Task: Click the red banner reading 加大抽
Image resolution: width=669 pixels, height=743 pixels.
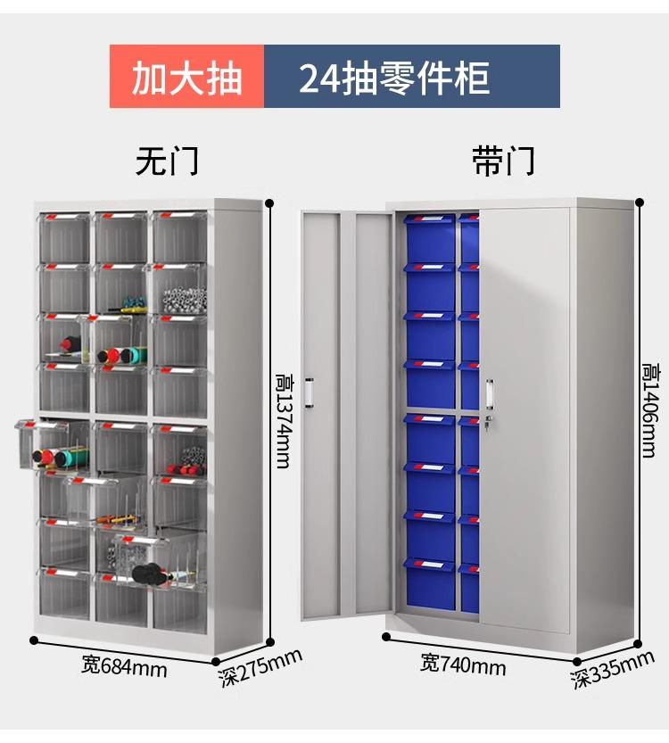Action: point(186,77)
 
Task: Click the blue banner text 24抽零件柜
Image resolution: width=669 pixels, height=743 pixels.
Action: point(394,78)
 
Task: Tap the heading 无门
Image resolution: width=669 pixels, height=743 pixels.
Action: point(167,161)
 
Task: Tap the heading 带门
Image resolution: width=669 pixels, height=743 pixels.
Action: point(503,161)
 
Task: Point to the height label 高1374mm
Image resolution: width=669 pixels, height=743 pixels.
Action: point(284,421)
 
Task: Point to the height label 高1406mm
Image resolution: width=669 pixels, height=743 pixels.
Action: point(648,410)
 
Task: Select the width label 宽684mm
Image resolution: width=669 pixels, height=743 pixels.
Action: point(124,667)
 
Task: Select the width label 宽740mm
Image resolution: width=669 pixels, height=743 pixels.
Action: point(463,665)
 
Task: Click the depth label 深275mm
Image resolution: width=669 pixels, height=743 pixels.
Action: point(260,668)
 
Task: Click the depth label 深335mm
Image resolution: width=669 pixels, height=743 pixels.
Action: point(613,670)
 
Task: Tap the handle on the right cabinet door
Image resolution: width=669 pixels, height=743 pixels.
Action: point(489,392)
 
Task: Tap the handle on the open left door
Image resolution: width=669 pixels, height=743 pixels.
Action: point(310,392)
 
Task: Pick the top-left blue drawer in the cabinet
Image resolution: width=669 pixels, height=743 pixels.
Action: point(430,238)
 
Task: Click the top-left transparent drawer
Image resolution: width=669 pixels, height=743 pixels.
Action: point(64,237)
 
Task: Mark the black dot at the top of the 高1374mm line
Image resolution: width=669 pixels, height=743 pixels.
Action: point(269,203)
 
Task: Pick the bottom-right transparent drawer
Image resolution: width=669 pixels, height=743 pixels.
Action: point(179,604)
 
